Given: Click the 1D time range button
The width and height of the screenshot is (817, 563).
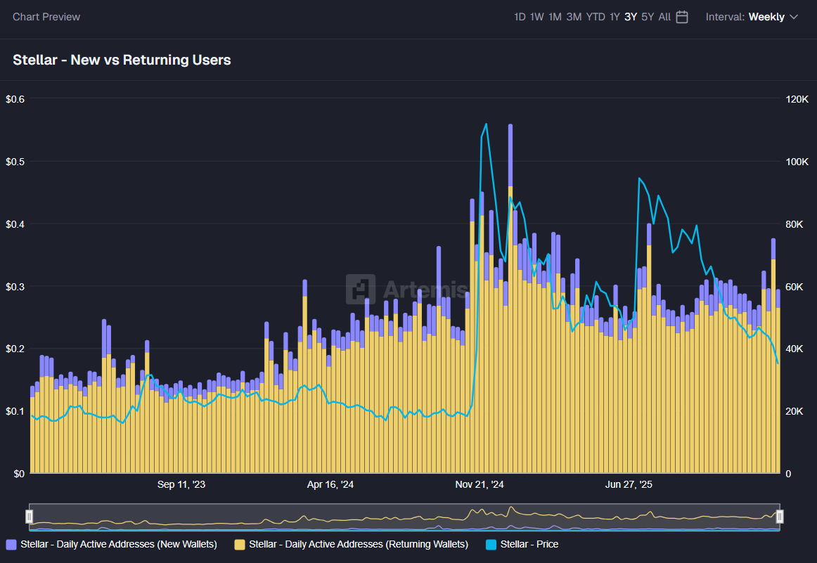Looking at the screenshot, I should pyautogui.click(x=520, y=17).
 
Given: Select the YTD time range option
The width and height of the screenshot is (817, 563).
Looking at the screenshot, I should pyautogui.click(x=596, y=17).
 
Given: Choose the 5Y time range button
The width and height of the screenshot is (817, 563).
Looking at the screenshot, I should pyautogui.click(x=648, y=17).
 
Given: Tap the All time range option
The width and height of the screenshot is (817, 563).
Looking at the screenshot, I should pyautogui.click(x=664, y=17).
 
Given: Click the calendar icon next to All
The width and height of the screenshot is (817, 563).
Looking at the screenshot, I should pyautogui.click(x=682, y=17).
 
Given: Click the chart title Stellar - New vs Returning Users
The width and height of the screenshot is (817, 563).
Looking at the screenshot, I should pyautogui.click(x=122, y=60).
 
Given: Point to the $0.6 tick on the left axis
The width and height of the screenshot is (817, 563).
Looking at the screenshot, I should pyautogui.click(x=15, y=99).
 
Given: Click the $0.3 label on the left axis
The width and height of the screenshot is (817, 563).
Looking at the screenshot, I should pyautogui.click(x=15, y=287).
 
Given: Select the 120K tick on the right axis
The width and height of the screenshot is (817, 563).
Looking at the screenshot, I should pyautogui.click(x=797, y=99).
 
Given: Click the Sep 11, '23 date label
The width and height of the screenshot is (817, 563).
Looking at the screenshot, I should pyautogui.click(x=181, y=484).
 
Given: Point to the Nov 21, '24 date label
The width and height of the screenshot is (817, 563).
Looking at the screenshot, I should pyautogui.click(x=480, y=484).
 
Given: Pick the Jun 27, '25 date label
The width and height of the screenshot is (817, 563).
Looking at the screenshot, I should pyautogui.click(x=629, y=484).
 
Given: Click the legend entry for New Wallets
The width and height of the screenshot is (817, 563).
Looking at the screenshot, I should pyautogui.click(x=112, y=544).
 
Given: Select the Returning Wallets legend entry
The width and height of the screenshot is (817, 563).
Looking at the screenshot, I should pyautogui.click(x=352, y=544).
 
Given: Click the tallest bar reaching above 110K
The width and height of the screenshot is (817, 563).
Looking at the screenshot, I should pyautogui.click(x=510, y=295).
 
